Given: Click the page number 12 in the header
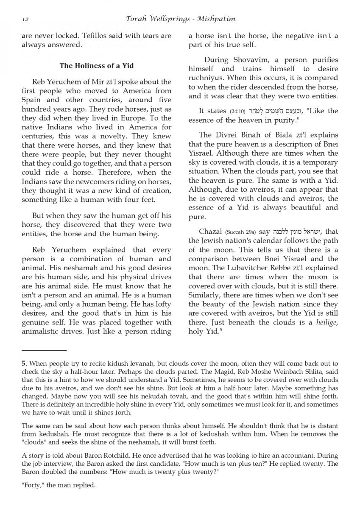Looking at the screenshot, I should pyautogui.click(x=25, y=19).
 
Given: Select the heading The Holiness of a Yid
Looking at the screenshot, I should pyautogui.click(x=97, y=66).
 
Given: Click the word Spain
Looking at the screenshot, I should pyautogui.click(x=32, y=100).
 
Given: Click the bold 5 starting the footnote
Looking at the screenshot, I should pyautogui.click(x=23, y=364).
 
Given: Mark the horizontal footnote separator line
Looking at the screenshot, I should pyautogui.click(x=44, y=350).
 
